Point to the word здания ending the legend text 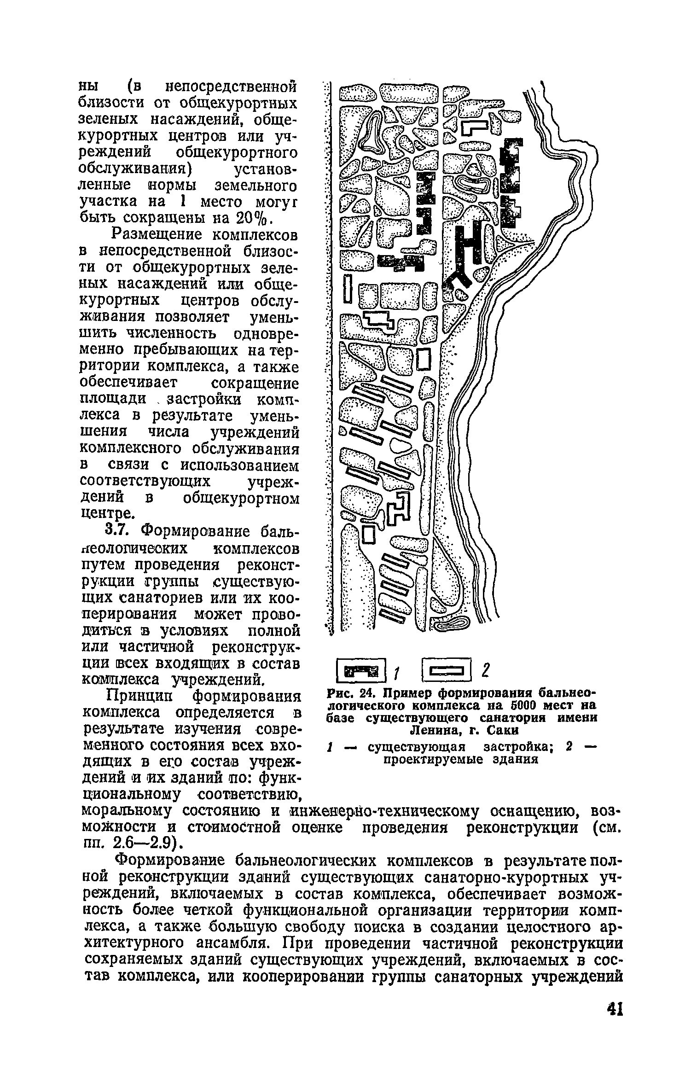[516, 759]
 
